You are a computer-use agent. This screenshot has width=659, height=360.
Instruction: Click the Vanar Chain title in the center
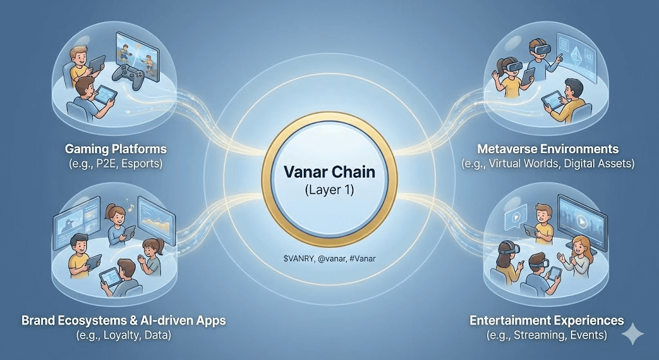click(x=329, y=173)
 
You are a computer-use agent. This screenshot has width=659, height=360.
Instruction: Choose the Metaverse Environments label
click(x=548, y=149)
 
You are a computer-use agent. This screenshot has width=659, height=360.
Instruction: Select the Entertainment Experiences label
click(x=546, y=320)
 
